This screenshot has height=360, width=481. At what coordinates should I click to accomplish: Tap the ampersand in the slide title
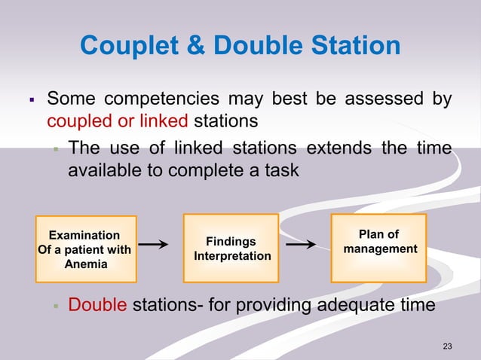point(191,47)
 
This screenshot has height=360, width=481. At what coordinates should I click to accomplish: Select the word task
point(281,170)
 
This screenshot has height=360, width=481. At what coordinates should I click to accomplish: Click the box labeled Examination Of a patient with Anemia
point(84,249)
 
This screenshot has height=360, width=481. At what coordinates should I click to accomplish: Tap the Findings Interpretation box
point(232,249)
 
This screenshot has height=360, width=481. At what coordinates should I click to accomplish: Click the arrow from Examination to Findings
point(153,245)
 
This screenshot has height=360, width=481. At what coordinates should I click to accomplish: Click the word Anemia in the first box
point(84,264)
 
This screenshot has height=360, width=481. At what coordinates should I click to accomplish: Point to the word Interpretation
point(232,257)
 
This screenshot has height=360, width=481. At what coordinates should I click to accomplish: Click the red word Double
point(98,305)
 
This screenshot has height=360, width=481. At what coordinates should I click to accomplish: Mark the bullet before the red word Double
point(56,306)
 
